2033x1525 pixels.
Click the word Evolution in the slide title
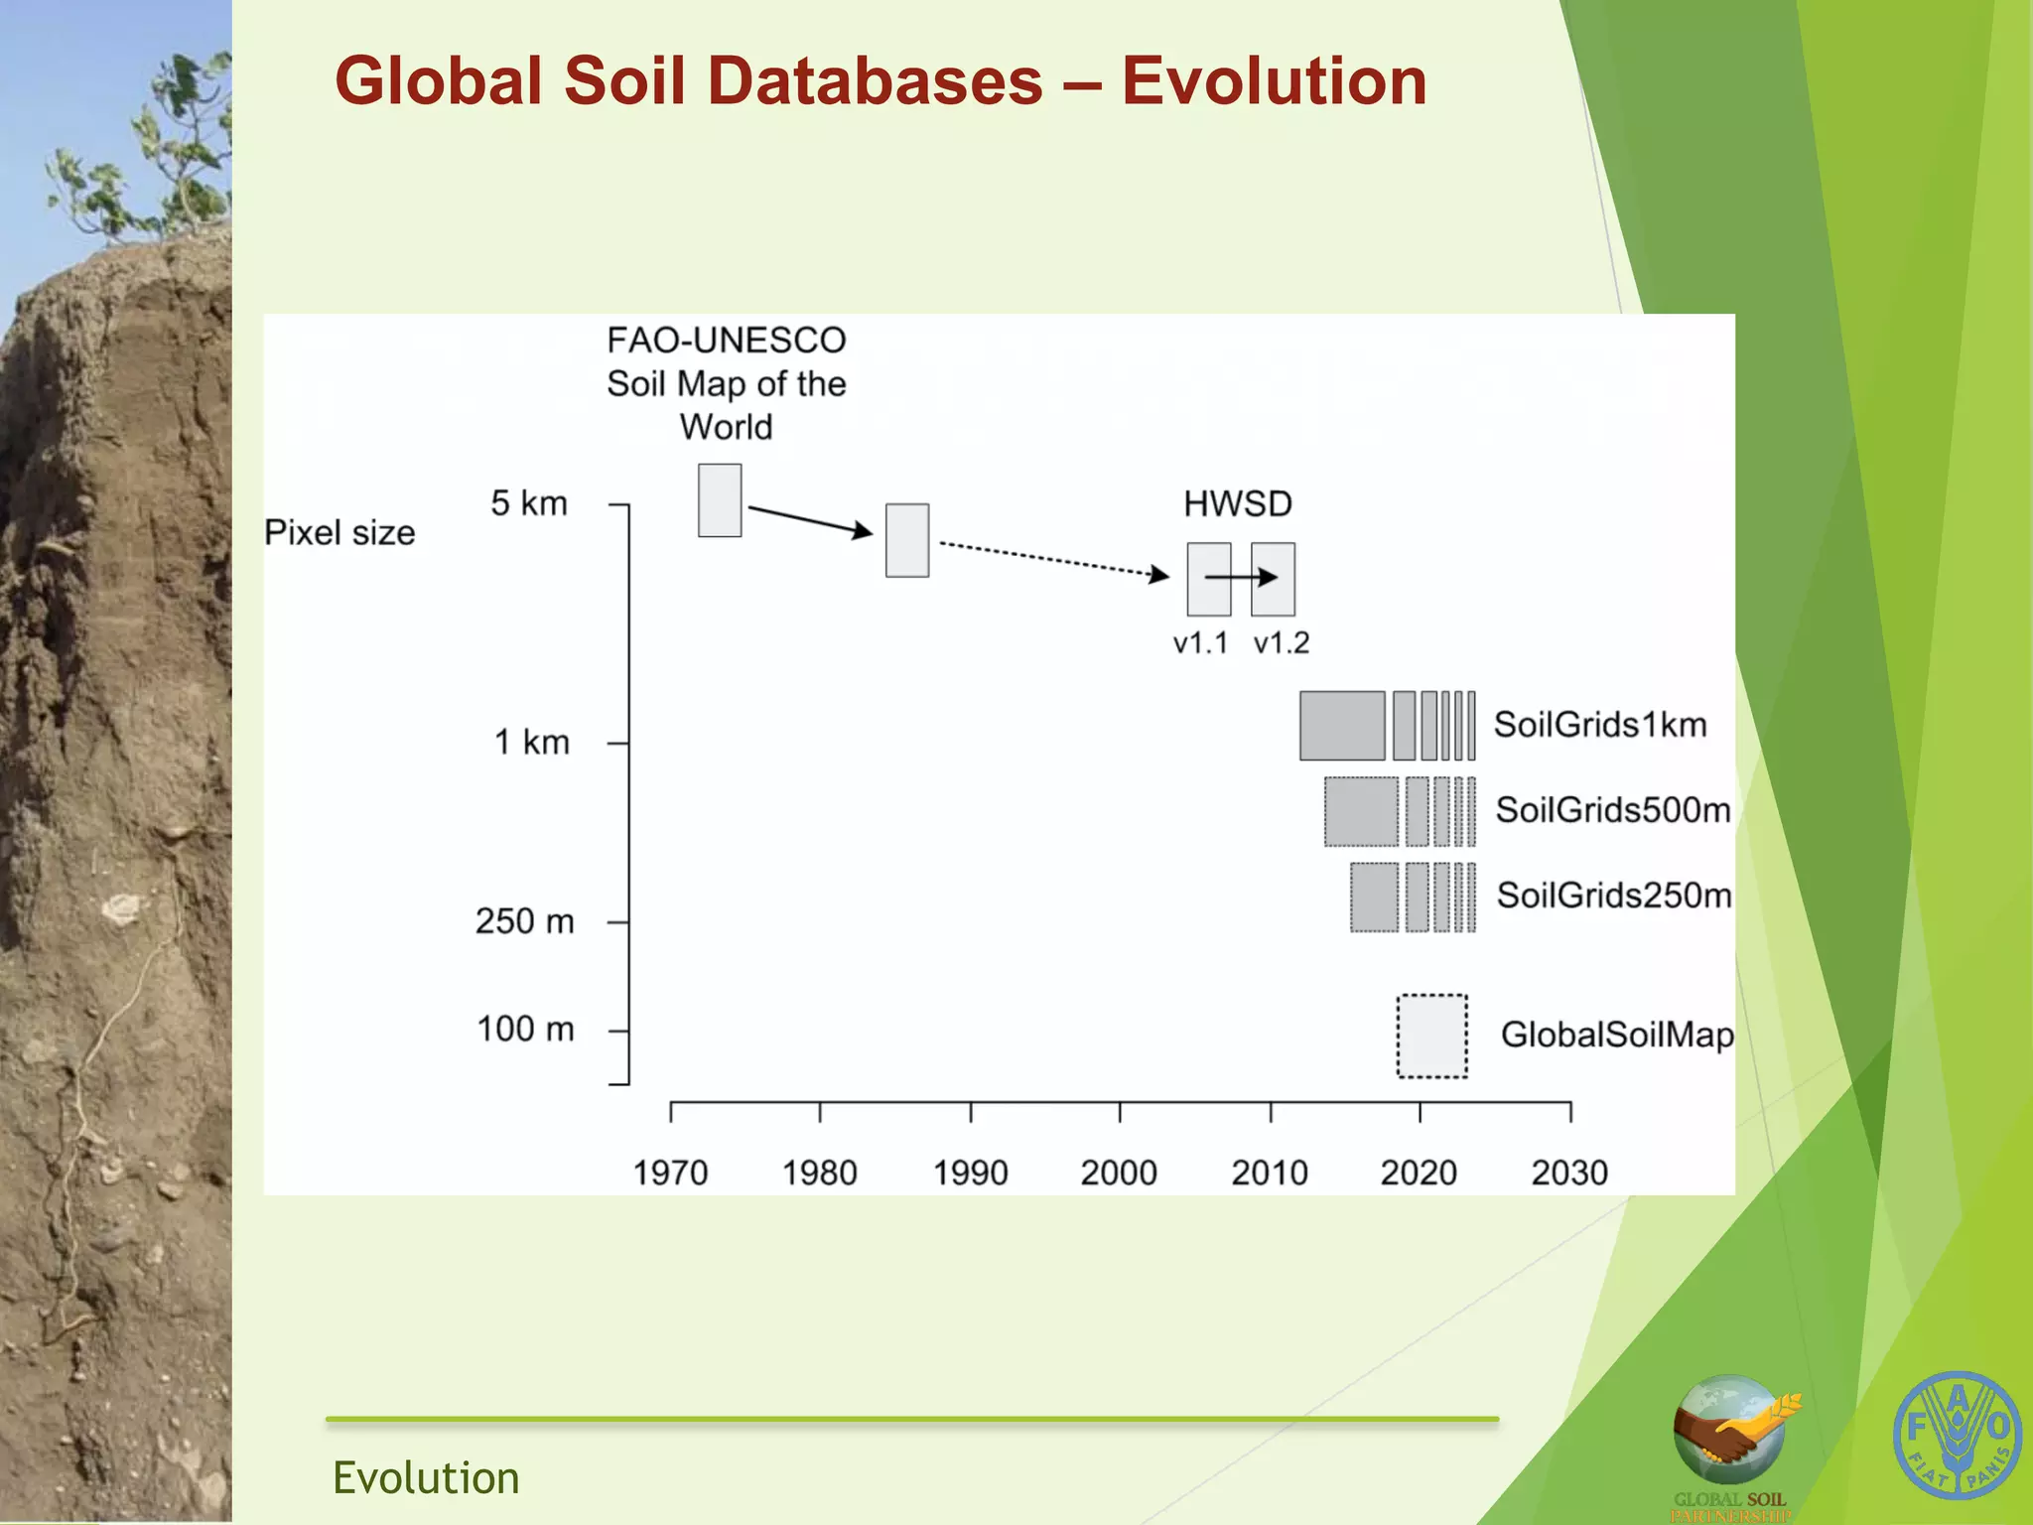click(1274, 81)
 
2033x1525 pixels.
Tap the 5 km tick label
click(529, 503)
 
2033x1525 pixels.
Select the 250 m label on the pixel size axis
click(524, 921)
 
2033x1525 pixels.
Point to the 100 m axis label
click(525, 1030)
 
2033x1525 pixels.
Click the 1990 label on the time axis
click(970, 1173)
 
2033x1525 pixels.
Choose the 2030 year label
click(1568, 1173)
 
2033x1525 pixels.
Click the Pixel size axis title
click(339, 533)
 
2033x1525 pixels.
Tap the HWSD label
click(1237, 504)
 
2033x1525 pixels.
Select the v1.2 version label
click(1281, 643)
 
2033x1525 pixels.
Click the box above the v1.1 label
click(1208, 579)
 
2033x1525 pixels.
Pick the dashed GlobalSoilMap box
click(1431, 1036)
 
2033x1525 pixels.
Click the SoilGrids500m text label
click(1612, 810)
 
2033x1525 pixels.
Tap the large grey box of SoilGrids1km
click(1341, 726)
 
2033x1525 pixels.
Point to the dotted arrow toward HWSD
click(1052, 559)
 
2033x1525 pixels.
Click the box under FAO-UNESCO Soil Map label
click(720, 500)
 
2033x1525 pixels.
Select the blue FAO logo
click(1957, 1436)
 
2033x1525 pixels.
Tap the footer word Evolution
click(426, 1477)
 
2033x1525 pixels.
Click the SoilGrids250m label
click(1613, 896)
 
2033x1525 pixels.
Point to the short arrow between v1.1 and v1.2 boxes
click(1241, 577)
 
